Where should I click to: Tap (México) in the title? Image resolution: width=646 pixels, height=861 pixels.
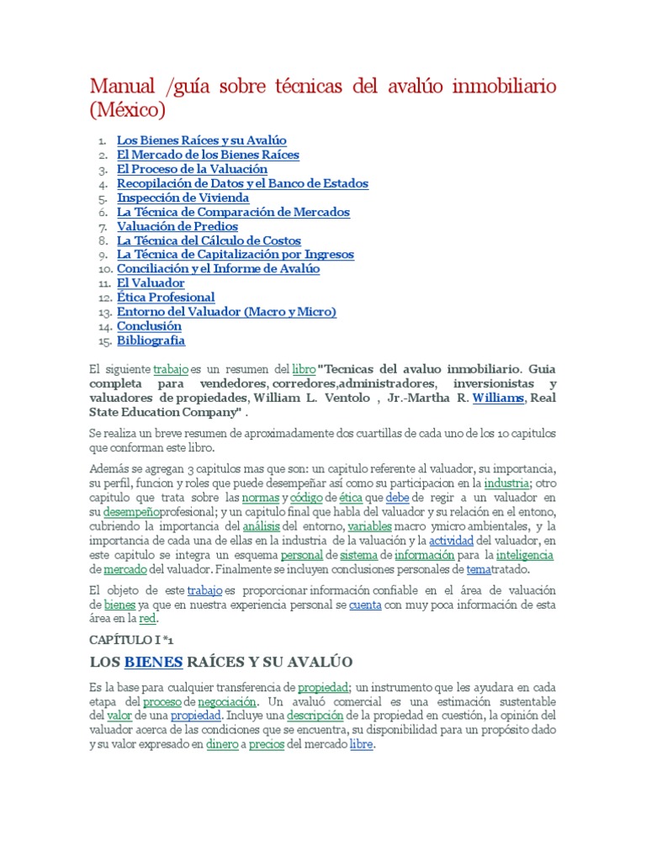tap(128, 110)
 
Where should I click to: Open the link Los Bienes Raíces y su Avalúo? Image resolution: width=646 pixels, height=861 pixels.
tap(202, 140)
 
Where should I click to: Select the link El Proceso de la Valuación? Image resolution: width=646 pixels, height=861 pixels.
tap(192, 169)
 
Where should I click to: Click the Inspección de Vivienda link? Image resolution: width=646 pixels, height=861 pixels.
tap(183, 198)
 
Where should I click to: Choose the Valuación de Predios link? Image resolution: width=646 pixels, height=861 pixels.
tap(177, 226)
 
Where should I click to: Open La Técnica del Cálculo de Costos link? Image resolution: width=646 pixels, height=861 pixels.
tap(209, 240)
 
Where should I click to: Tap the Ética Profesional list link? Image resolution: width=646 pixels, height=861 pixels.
tap(166, 297)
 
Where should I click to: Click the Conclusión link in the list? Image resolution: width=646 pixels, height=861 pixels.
tap(149, 325)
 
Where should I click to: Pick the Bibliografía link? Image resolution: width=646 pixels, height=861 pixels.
tap(151, 341)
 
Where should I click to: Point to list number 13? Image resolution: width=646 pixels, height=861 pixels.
tap(103, 312)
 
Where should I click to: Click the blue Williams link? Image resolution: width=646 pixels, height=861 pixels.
tap(498, 398)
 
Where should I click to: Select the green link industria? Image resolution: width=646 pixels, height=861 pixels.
tap(506, 483)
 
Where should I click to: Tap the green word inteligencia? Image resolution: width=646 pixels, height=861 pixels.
tap(525, 556)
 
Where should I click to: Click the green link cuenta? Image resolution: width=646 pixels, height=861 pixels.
tap(365, 605)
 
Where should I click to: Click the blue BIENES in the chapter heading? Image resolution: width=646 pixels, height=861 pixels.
tap(153, 663)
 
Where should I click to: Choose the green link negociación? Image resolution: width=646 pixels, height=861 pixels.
tap(227, 700)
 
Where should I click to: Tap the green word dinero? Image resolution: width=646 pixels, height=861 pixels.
tap(223, 744)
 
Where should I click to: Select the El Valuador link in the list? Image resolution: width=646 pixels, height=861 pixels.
tap(151, 283)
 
